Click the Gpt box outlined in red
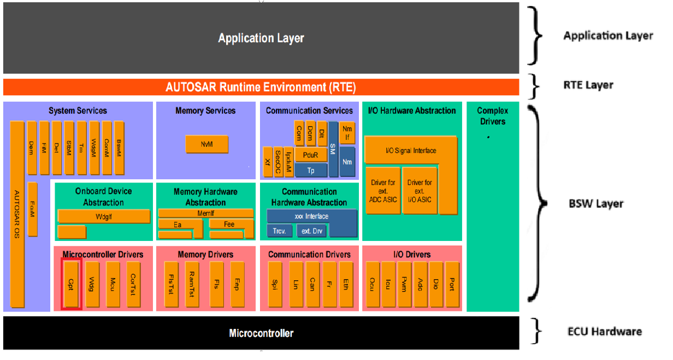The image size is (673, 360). pyautogui.click(x=71, y=284)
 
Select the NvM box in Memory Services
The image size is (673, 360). pyautogui.click(x=206, y=145)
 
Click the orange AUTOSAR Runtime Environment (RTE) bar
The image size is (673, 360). pyautogui.click(x=261, y=87)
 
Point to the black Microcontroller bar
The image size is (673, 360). pyautogui.click(x=261, y=333)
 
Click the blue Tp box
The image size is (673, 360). pyautogui.click(x=311, y=170)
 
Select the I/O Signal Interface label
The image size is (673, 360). pyautogui.click(x=411, y=151)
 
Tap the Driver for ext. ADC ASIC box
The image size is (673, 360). pyautogui.click(x=382, y=191)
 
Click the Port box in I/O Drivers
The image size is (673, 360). pyautogui.click(x=452, y=284)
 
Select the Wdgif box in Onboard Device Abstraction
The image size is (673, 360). pyautogui.click(x=103, y=216)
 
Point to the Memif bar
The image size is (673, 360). pyautogui.click(x=205, y=213)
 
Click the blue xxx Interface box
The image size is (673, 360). pyautogui.click(x=311, y=216)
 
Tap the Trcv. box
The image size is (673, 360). pyautogui.click(x=279, y=231)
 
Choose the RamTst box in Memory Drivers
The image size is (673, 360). pyautogui.click(x=192, y=284)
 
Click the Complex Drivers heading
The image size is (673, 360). pyautogui.click(x=492, y=116)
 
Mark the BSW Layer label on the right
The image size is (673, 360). pyautogui.click(x=596, y=204)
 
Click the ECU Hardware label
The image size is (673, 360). pyautogui.click(x=604, y=331)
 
